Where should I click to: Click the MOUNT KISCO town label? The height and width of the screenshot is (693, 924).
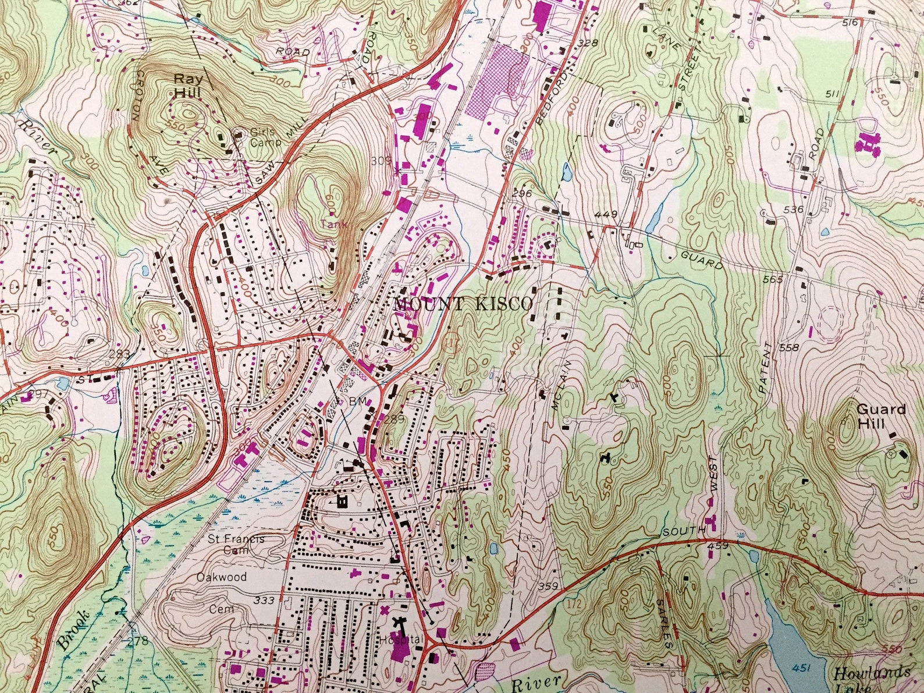[x=463, y=304]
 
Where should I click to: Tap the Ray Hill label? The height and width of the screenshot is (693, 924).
[x=187, y=85]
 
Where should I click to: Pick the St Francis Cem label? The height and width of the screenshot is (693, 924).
[x=236, y=543]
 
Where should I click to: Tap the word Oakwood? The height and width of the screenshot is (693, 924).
[x=222, y=577]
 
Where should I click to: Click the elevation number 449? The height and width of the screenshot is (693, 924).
[x=605, y=214]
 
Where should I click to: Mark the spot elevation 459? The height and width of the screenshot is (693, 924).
[x=719, y=546]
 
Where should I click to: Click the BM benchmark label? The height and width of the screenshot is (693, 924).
[x=356, y=401]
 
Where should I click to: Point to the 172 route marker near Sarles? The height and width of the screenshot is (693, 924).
[x=574, y=607]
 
